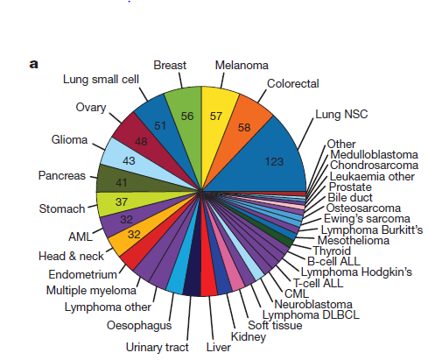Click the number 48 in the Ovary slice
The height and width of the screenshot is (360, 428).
pos(141,142)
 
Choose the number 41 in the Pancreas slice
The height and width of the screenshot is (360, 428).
pos(121,183)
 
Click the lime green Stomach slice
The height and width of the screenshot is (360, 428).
pos(123,201)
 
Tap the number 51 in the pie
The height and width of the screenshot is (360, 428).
pos(160,126)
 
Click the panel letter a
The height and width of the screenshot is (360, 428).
pos(34,64)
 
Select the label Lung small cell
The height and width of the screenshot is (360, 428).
pos(101,80)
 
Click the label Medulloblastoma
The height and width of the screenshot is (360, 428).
pos(374,154)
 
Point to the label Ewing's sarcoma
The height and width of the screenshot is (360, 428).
pos(367,218)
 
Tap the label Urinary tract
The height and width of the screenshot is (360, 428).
pos(158,347)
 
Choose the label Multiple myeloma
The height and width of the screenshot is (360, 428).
pos(91,291)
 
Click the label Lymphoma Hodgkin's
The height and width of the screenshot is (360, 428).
pos(356,272)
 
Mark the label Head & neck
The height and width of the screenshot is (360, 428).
pos(71,256)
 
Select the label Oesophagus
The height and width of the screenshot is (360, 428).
pos(139,326)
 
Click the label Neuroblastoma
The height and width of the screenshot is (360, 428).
pos(313,305)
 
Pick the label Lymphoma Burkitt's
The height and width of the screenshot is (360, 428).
pos(372,229)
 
